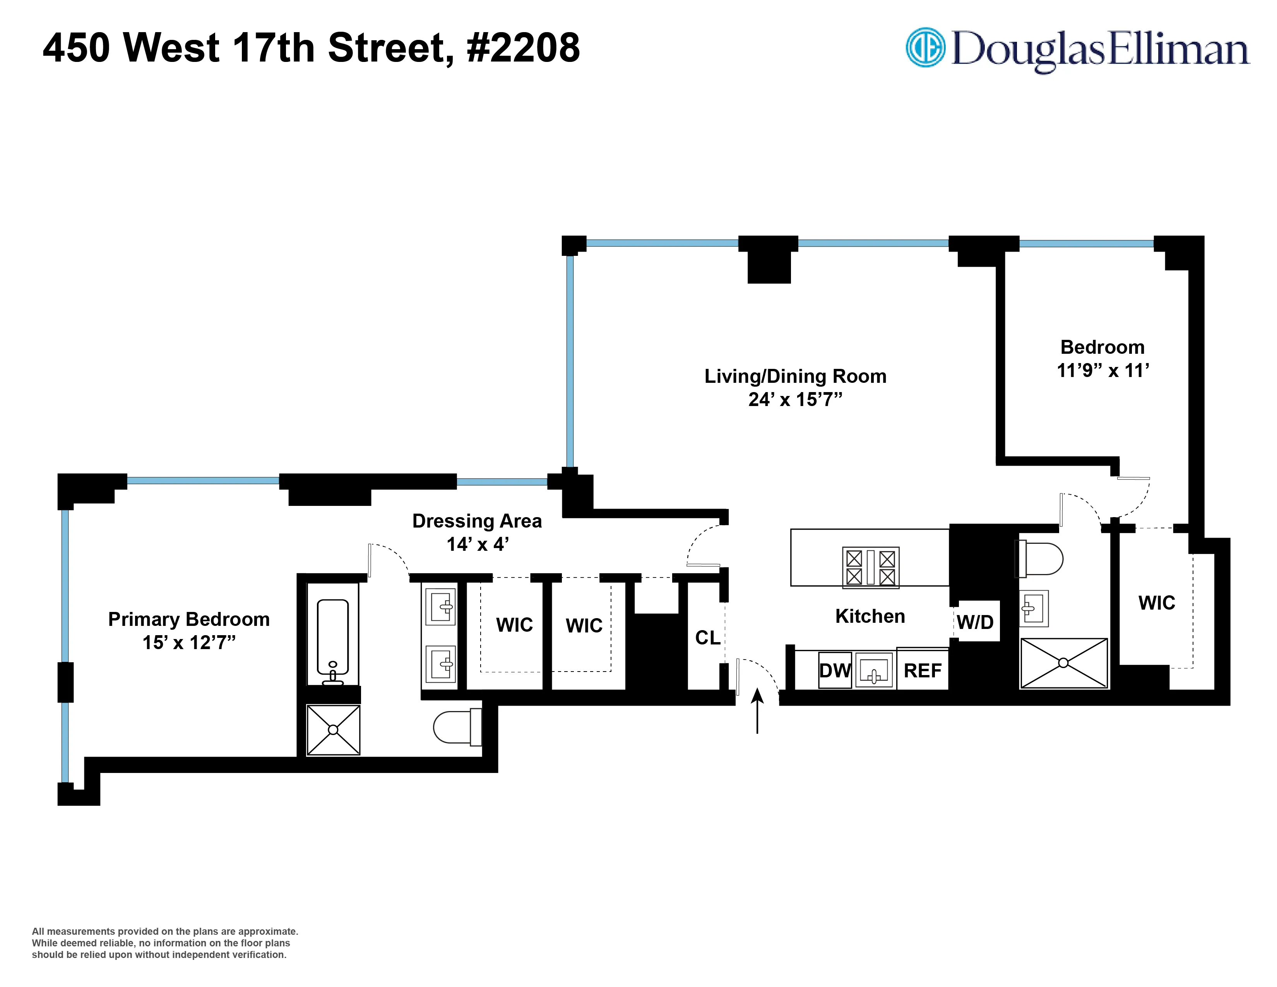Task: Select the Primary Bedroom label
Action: [x=189, y=619]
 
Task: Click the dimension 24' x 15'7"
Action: [x=795, y=399]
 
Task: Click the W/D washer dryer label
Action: [x=975, y=622]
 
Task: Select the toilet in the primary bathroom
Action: [x=456, y=727]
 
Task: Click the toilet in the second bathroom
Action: [x=1042, y=559]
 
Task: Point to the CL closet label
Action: [x=707, y=638]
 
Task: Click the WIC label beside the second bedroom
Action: [x=1157, y=603]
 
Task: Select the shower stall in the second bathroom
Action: [x=1063, y=663]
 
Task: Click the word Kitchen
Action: [x=870, y=616]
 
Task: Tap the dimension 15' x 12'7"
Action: [x=189, y=643]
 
